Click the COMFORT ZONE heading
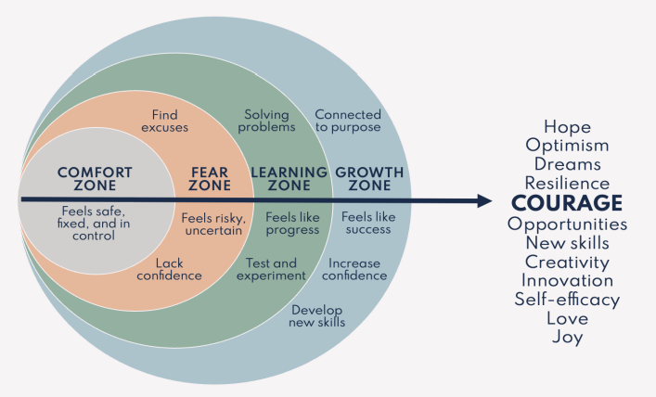[95, 179]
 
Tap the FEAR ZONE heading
[210, 179]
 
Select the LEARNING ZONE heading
[289, 179]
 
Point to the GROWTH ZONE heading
[369, 179]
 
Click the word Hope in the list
[567, 127]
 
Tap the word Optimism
[567, 146]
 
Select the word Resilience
[567, 184]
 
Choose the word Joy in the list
[567, 338]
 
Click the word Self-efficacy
[567, 299]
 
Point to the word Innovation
[567, 280]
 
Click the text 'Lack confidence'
[169, 269]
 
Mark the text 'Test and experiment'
[271, 269]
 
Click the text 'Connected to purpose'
[348, 120]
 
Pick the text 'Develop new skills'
[318, 315]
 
